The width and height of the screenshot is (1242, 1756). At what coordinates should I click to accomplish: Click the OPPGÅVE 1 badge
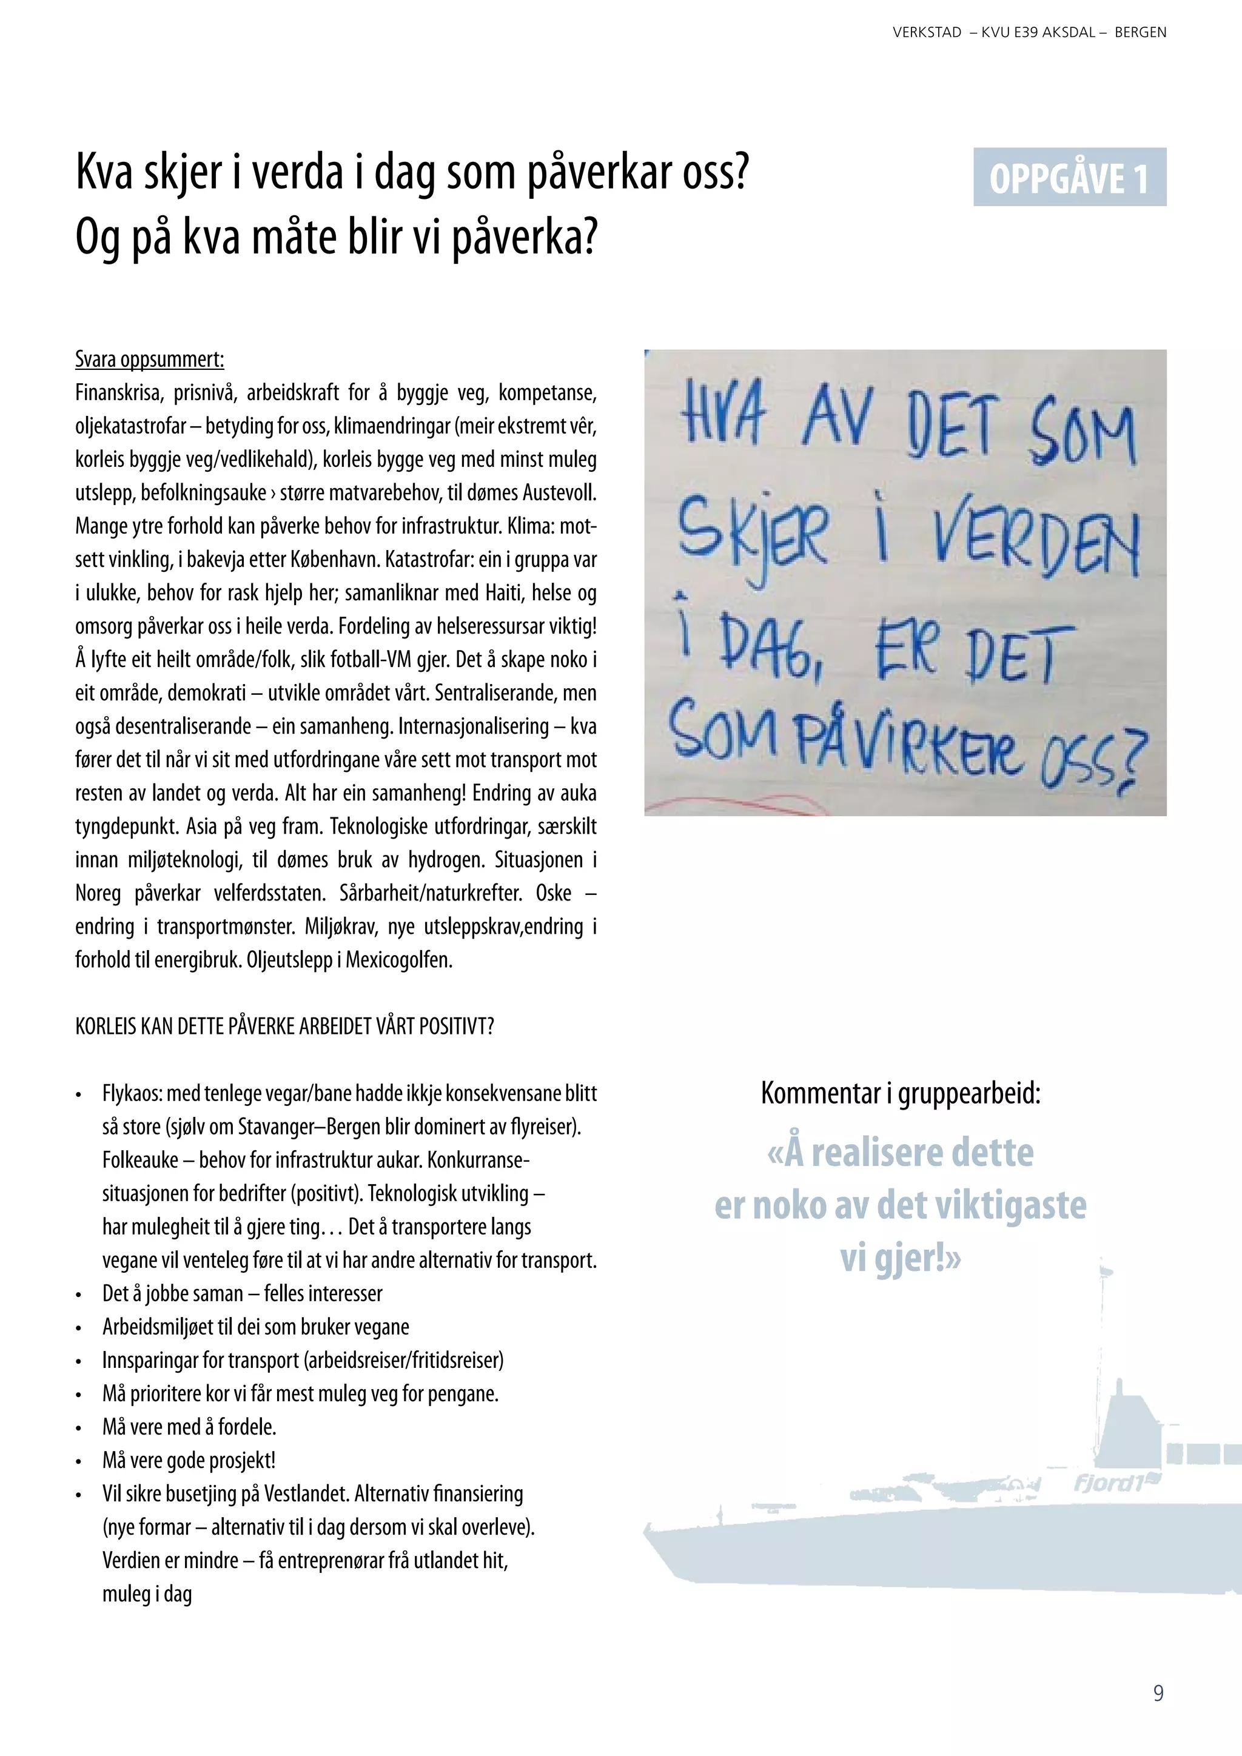(x=1069, y=178)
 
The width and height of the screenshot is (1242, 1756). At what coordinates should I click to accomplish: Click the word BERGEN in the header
(x=1140, y=33)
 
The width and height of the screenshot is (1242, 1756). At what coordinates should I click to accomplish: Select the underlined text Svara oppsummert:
(x=149, y=360)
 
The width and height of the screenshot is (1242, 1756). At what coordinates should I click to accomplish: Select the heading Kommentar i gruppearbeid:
(x=900, y=1094)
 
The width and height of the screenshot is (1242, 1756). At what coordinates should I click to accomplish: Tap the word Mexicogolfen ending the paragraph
(x=398, y=960)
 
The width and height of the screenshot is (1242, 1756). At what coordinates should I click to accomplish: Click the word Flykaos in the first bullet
(x=131, y=1094)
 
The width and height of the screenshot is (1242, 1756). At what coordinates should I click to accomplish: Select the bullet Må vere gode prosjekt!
(x=189, y=1460)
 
